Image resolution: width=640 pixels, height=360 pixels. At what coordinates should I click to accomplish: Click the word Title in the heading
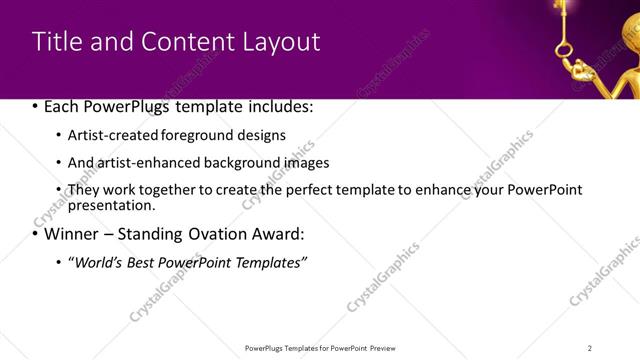tap(56, 42)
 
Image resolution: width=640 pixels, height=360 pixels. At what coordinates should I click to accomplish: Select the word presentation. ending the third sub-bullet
tap(111, 205)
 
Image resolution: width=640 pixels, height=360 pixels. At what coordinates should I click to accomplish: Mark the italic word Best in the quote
tap(145, 262)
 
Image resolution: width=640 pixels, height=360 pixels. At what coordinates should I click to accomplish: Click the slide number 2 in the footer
tap(590, 348)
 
